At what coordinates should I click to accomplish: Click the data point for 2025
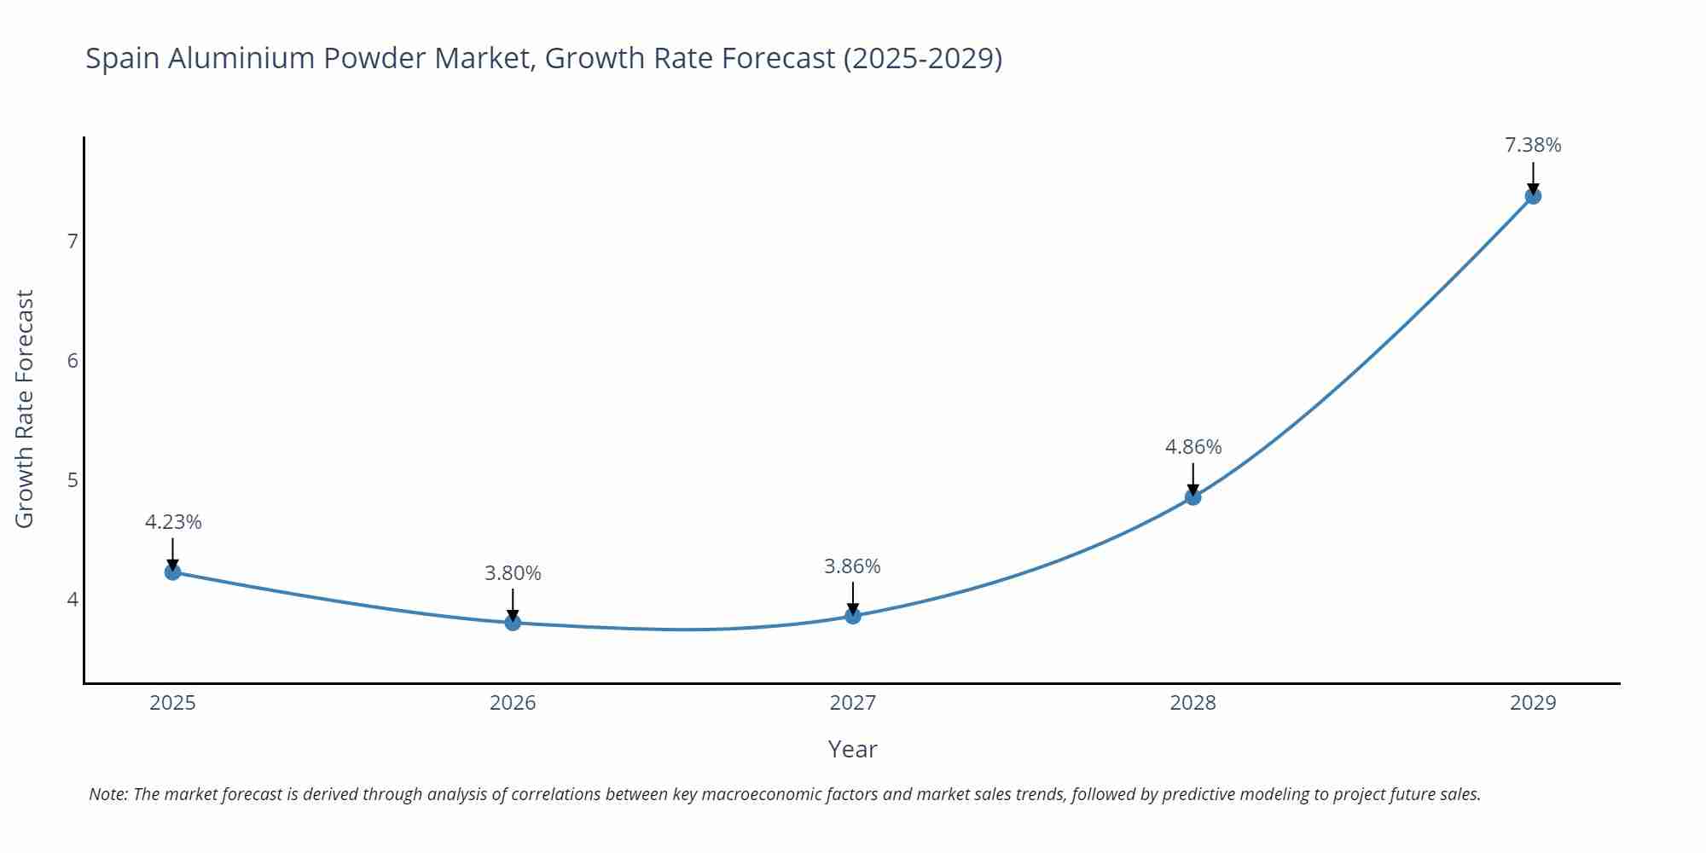coord(172,572)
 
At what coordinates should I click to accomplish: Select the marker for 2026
coord(513,623)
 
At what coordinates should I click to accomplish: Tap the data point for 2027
coord(853,616)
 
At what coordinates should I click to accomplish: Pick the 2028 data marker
coord(1192,496)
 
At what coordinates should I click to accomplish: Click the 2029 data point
coord(1533,196)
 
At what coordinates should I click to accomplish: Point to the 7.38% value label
coord(1533,145)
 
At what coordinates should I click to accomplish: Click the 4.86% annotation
coord(1192,447)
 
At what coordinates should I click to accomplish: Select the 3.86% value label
coord(852,566)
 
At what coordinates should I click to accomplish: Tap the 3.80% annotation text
coord(513,573)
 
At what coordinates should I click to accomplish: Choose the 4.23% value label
coord(173,522)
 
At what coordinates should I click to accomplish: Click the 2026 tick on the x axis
coord(513,703)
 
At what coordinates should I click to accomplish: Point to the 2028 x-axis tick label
coord(1192,703)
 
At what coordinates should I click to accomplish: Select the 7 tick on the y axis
coord(73,241)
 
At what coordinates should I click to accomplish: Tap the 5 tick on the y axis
coord(73,480)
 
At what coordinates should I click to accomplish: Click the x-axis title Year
coord(852,749)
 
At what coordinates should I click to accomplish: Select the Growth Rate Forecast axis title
coord(25,409)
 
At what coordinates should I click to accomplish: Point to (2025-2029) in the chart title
coord(922,59)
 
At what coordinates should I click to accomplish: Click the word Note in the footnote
coord(107,794)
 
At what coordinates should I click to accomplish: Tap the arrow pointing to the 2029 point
coord(1533,177)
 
